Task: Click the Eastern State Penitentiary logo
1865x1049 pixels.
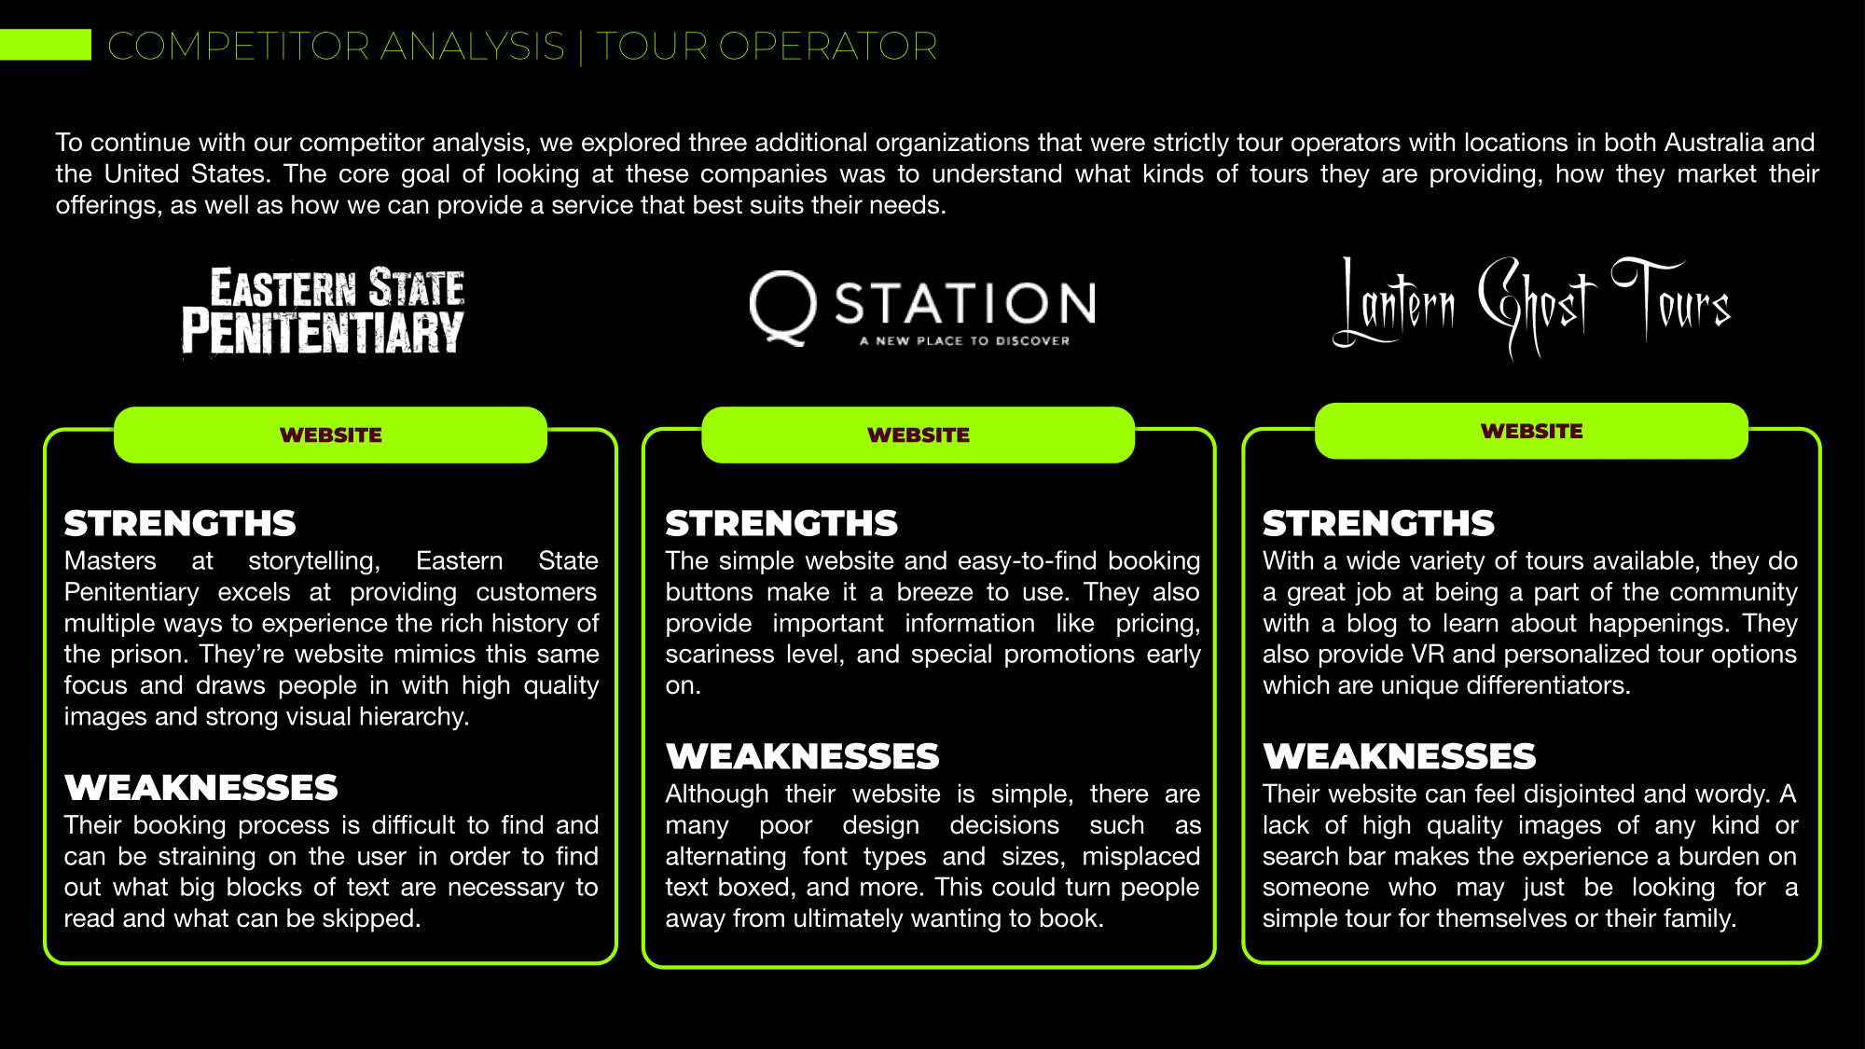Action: click(x=323, y=311)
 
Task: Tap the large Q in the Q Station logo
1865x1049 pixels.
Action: click(x=781, y=307)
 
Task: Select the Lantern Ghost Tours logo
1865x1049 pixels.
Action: click(x=1531, y=307)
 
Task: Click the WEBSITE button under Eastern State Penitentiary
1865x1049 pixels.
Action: click(x=330, y=435)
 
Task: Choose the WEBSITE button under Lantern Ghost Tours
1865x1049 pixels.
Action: click(x=1531, y=431)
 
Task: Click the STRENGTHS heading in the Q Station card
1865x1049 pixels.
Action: click(x=781, y=523)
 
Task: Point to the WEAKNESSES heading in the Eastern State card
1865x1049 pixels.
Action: click(x=201, y=788)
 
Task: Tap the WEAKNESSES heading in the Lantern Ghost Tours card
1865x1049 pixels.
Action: click(x=1399, y=756)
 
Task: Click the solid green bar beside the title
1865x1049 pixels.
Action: click(x=45, y=45)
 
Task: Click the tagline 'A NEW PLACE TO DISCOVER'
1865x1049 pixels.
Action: click(x=964, y=341)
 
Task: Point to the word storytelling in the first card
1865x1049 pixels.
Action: click(x=313, y=561)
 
